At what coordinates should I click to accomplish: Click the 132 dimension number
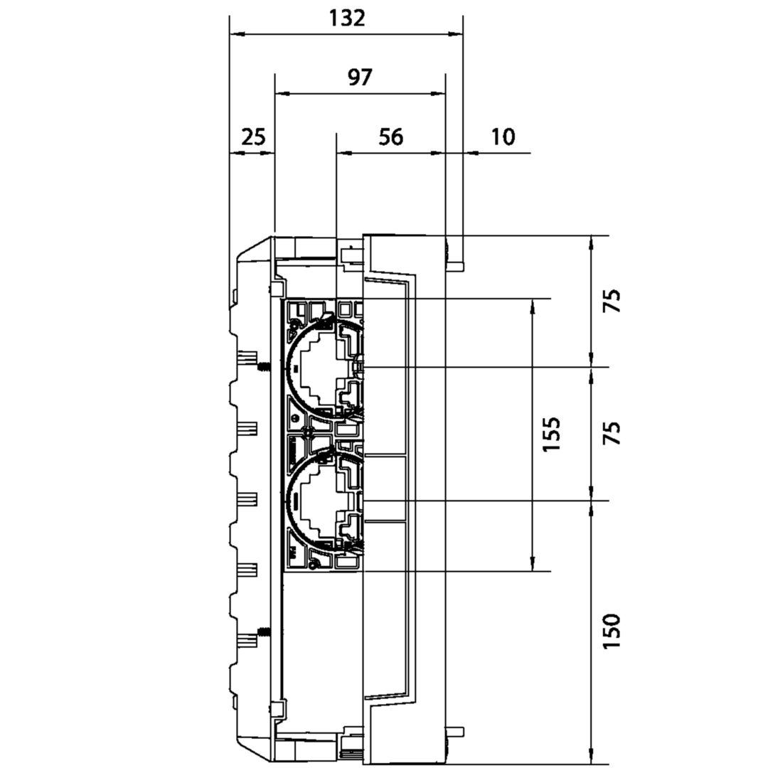pos(347,18)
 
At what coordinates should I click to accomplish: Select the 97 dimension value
pos(360,78)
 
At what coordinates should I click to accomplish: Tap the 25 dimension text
pos(253,137)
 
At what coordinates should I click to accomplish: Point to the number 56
pos(391,137)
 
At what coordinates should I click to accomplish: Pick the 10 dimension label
pos(503,137)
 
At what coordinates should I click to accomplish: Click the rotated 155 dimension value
pos(552,434)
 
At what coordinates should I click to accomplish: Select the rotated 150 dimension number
pos(612,632)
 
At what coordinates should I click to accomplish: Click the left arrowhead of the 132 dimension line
pos(237,34)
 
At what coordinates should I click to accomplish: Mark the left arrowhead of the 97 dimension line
pos(282,93)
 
